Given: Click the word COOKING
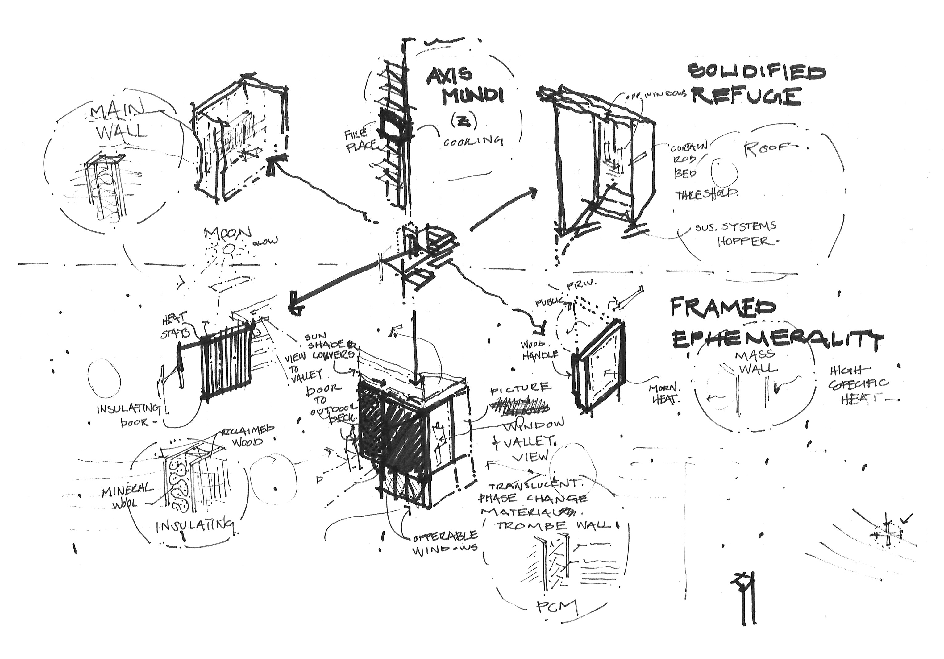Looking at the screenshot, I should pos(473,141).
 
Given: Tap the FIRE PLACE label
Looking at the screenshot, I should pos(360,141).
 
